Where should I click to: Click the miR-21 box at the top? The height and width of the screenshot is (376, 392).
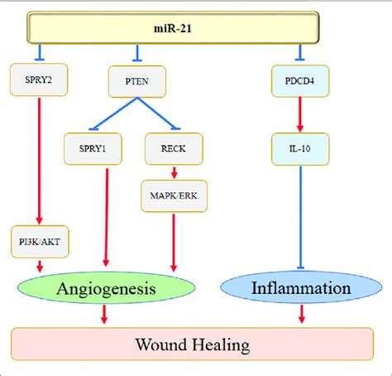pyautogui.click(x=173, y=27)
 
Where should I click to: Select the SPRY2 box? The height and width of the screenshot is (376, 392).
pyautogui.click(x=39, y=80)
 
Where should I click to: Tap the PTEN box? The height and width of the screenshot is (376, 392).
pyautogui.click(x=137, y=81)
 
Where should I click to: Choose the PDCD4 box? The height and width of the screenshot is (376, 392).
pyautogui.click(x=300, y=81)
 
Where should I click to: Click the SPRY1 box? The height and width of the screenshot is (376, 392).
pyautogui.click(x=93, y=148)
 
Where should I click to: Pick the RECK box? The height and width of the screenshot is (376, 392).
pyautogui.click(x=174, y=148)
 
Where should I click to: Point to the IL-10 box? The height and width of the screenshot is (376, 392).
pyautogui.click(x=300, y=149)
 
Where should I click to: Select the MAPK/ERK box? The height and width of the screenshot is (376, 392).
pyautogui.click(x=174, y=196)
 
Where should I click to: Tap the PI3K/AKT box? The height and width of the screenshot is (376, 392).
pyautogui.click(x=40, y=242)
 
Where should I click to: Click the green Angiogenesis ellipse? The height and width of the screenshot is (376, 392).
pyautogui.click(x=107, y=288)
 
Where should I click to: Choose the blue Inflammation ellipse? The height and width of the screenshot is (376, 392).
pyautogui.click(x=301, y=287)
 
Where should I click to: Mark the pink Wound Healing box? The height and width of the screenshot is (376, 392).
pyautogui.click(x=192, y=345)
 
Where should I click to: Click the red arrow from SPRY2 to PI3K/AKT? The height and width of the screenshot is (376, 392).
pyautogui.click(x=39, y=161)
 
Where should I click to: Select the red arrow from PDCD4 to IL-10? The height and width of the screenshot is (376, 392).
pyautogui.click(x=300, y=114)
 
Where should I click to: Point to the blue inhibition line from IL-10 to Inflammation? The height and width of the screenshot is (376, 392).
pyautogui.click(x=300, y=217)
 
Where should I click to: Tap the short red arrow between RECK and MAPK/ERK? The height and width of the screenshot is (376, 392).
pyautogui.click(x=174, y=172)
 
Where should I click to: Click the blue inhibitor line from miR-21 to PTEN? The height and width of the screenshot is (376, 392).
pyautogui.click(x=137, y=53)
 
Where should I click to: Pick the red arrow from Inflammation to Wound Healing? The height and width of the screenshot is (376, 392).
pyautogui.click(x=302, y=314)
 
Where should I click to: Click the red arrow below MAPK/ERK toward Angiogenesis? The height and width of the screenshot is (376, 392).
pyautogui.click(x=174, y=243)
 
